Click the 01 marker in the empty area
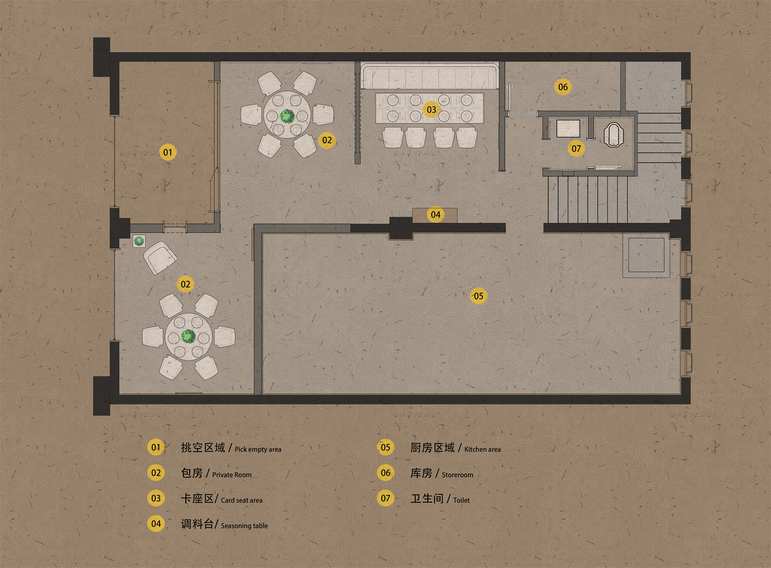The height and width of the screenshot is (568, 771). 168,152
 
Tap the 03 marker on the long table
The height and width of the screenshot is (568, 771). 431,110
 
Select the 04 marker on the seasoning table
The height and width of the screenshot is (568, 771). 436,215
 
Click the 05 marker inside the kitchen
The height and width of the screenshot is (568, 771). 478,296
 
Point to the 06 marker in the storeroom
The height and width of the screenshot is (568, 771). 563,87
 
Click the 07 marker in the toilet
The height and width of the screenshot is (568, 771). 576,149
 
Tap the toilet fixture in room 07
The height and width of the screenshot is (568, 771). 614,135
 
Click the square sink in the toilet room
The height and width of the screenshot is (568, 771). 568,128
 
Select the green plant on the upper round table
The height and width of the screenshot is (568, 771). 287,116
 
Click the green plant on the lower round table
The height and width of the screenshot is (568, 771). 189,336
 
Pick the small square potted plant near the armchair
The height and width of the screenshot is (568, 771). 139,241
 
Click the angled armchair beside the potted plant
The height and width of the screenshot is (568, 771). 160,258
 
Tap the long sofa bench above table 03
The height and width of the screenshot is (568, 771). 430,77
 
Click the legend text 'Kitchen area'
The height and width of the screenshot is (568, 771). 482,449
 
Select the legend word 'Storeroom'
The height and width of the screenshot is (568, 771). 457,475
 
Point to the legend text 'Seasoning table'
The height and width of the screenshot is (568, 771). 244,526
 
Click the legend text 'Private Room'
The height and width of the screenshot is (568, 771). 232,475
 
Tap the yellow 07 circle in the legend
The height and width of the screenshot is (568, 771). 385,498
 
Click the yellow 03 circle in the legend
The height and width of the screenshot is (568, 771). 156,498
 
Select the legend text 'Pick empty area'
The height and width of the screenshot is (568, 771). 258,449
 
